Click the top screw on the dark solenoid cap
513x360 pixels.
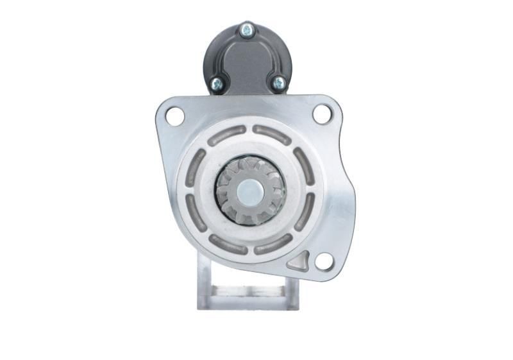tap(246, 30)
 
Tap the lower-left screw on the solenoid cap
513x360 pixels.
tap(217, 82)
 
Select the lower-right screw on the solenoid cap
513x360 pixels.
tap(279, 82)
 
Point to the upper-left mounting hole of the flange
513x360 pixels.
tap(174, 116)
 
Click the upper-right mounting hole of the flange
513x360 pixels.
tap(321, 114)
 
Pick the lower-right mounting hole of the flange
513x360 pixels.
tap(324, 261)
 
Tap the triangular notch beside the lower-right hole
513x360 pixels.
tap(299, 260)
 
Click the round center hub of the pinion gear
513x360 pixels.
tap(249, 191)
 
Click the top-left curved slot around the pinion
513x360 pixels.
tap(225, 135)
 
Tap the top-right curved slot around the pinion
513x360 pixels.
tap(272, 135)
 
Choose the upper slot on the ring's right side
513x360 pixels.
tap(303, 166)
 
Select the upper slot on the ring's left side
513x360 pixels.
tap(195, 167)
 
